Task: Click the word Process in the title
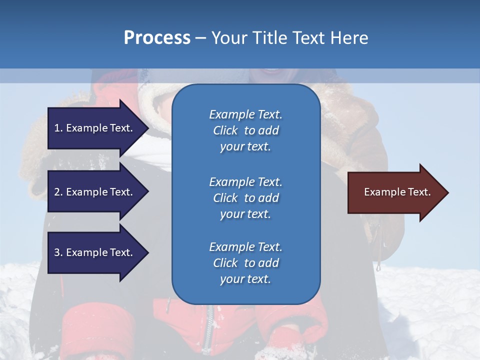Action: click(157, 38)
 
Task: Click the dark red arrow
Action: click(395, 192)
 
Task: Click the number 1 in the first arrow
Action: click(57, 128)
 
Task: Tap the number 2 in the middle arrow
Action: click(57, 192)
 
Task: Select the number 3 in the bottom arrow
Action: click(57, 252)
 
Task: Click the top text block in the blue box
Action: click(245, 130)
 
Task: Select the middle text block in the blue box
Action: click(245, 198)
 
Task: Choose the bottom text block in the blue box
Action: click(245, 263)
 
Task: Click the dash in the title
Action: click(200, 38)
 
